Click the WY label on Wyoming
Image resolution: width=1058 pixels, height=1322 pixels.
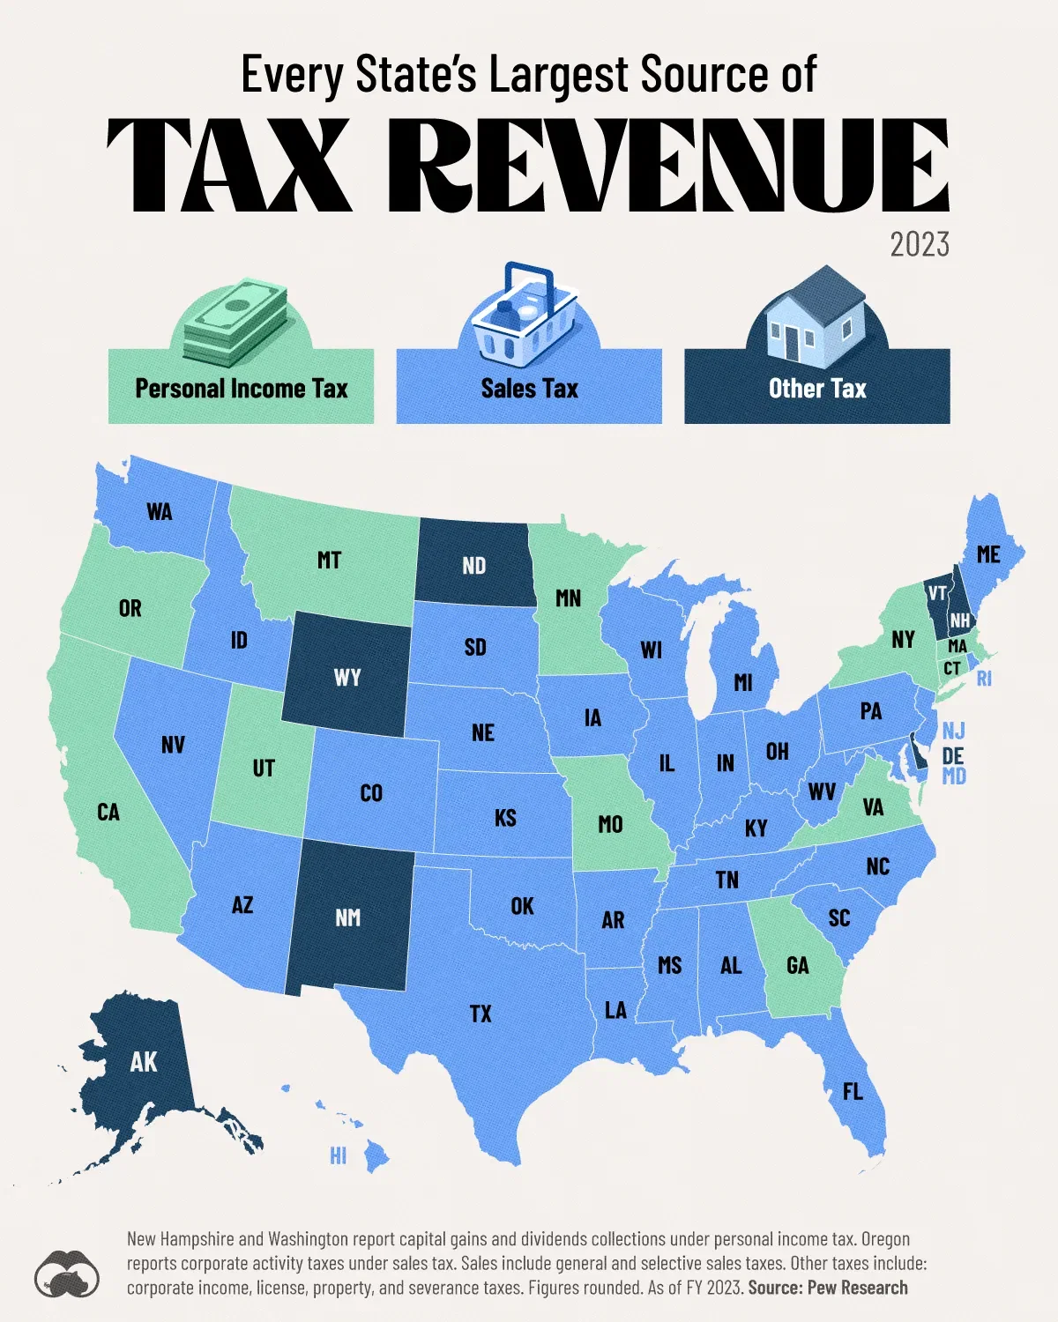[x=347, y=677]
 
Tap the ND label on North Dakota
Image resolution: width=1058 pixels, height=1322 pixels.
[x=473, y=565]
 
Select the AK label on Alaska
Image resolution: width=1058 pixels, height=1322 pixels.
[x=144, y=1061]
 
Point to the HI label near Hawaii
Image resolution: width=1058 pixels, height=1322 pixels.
[x=338, y=1155]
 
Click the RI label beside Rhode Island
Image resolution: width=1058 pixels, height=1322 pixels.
[x=984, y=679]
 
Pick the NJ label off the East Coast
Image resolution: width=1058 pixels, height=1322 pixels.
[x=953, y=731]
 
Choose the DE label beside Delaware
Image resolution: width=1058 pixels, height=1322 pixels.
[x=953, y=755]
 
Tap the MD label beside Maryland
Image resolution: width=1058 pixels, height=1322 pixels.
[x=954, y=776]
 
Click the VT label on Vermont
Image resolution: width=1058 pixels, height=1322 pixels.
[x=936, y=593]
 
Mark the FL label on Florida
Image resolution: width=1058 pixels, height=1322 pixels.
[x=853, y=1091]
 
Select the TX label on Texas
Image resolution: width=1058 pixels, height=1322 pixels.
[x=481, y=1014]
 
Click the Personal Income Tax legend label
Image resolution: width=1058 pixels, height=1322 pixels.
[x=241, y=389]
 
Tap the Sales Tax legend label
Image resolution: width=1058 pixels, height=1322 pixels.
[x=529, y=389]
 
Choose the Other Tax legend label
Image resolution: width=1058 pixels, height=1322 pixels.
[x=817, y=389]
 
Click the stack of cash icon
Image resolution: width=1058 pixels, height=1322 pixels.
[x=236, y=322]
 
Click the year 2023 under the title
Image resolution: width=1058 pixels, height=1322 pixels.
[x=919, y=244]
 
